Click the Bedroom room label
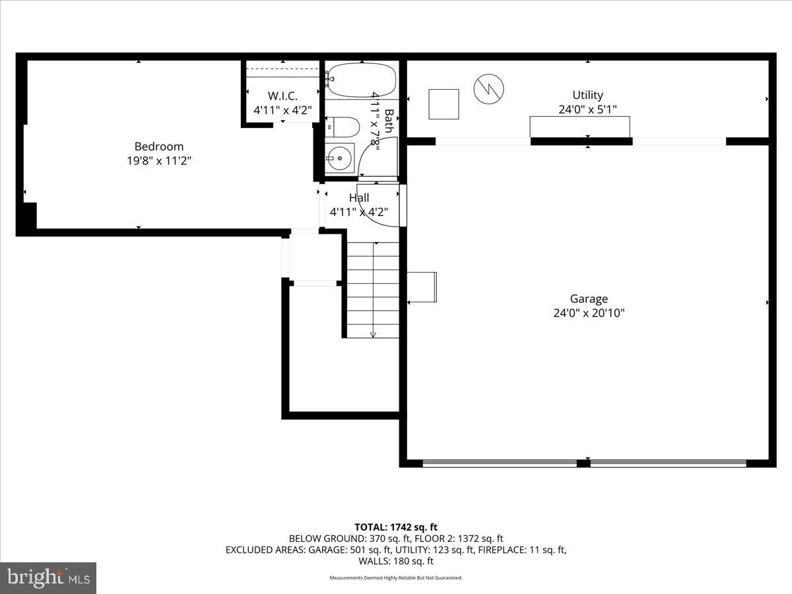(159, 147)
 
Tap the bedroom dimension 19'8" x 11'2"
(159, 160)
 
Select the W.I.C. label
(282, 96)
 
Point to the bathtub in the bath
(362, 80)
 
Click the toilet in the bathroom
(343, 127)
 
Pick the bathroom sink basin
(340, 158)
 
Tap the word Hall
(359, 197)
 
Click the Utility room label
(587, 95)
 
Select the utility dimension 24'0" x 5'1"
(587, 110)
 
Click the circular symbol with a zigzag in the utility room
(488, 88)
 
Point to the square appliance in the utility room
(444, 104)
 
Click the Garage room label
(589, 298)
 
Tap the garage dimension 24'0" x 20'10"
(589, 313)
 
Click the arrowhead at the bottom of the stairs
(373, 335)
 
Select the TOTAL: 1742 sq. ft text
(396, 527)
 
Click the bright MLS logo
(48, 577)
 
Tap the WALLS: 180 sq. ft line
(396, 561)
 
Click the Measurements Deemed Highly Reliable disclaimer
(396, 577)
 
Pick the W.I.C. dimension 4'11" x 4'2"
(282, 110)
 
